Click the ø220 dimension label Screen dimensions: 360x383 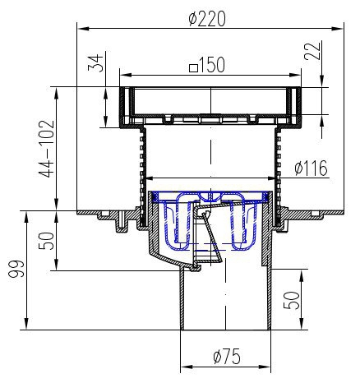pyautogui.click(x=207, y=19)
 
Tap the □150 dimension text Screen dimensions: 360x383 pyautogui.click(x=207, y=65)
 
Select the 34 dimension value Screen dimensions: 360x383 pyautogui.click(x=95, y=63)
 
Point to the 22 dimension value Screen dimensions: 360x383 pyautogui.click(x=312, y=51)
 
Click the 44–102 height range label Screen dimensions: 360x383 pyautogui.click(x=47, y=149)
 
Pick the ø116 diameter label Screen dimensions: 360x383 pyautogui.click(x=311, y=168)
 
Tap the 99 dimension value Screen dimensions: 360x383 pyautogui.click(x=16, y=269)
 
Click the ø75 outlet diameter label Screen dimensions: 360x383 pyautogui.click(x=227, y=356)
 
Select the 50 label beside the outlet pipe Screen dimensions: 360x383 pyautogui.click(x=291, y=301)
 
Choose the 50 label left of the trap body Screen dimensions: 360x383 pyautogui.click(x=46, y=241)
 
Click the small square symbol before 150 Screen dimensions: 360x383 pyautogui.click(x=193, y=67)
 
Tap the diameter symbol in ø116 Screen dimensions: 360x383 pyautogui.click(x=298, y=168)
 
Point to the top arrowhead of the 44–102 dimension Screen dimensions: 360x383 pyautogui.click(x=57, y=94)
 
